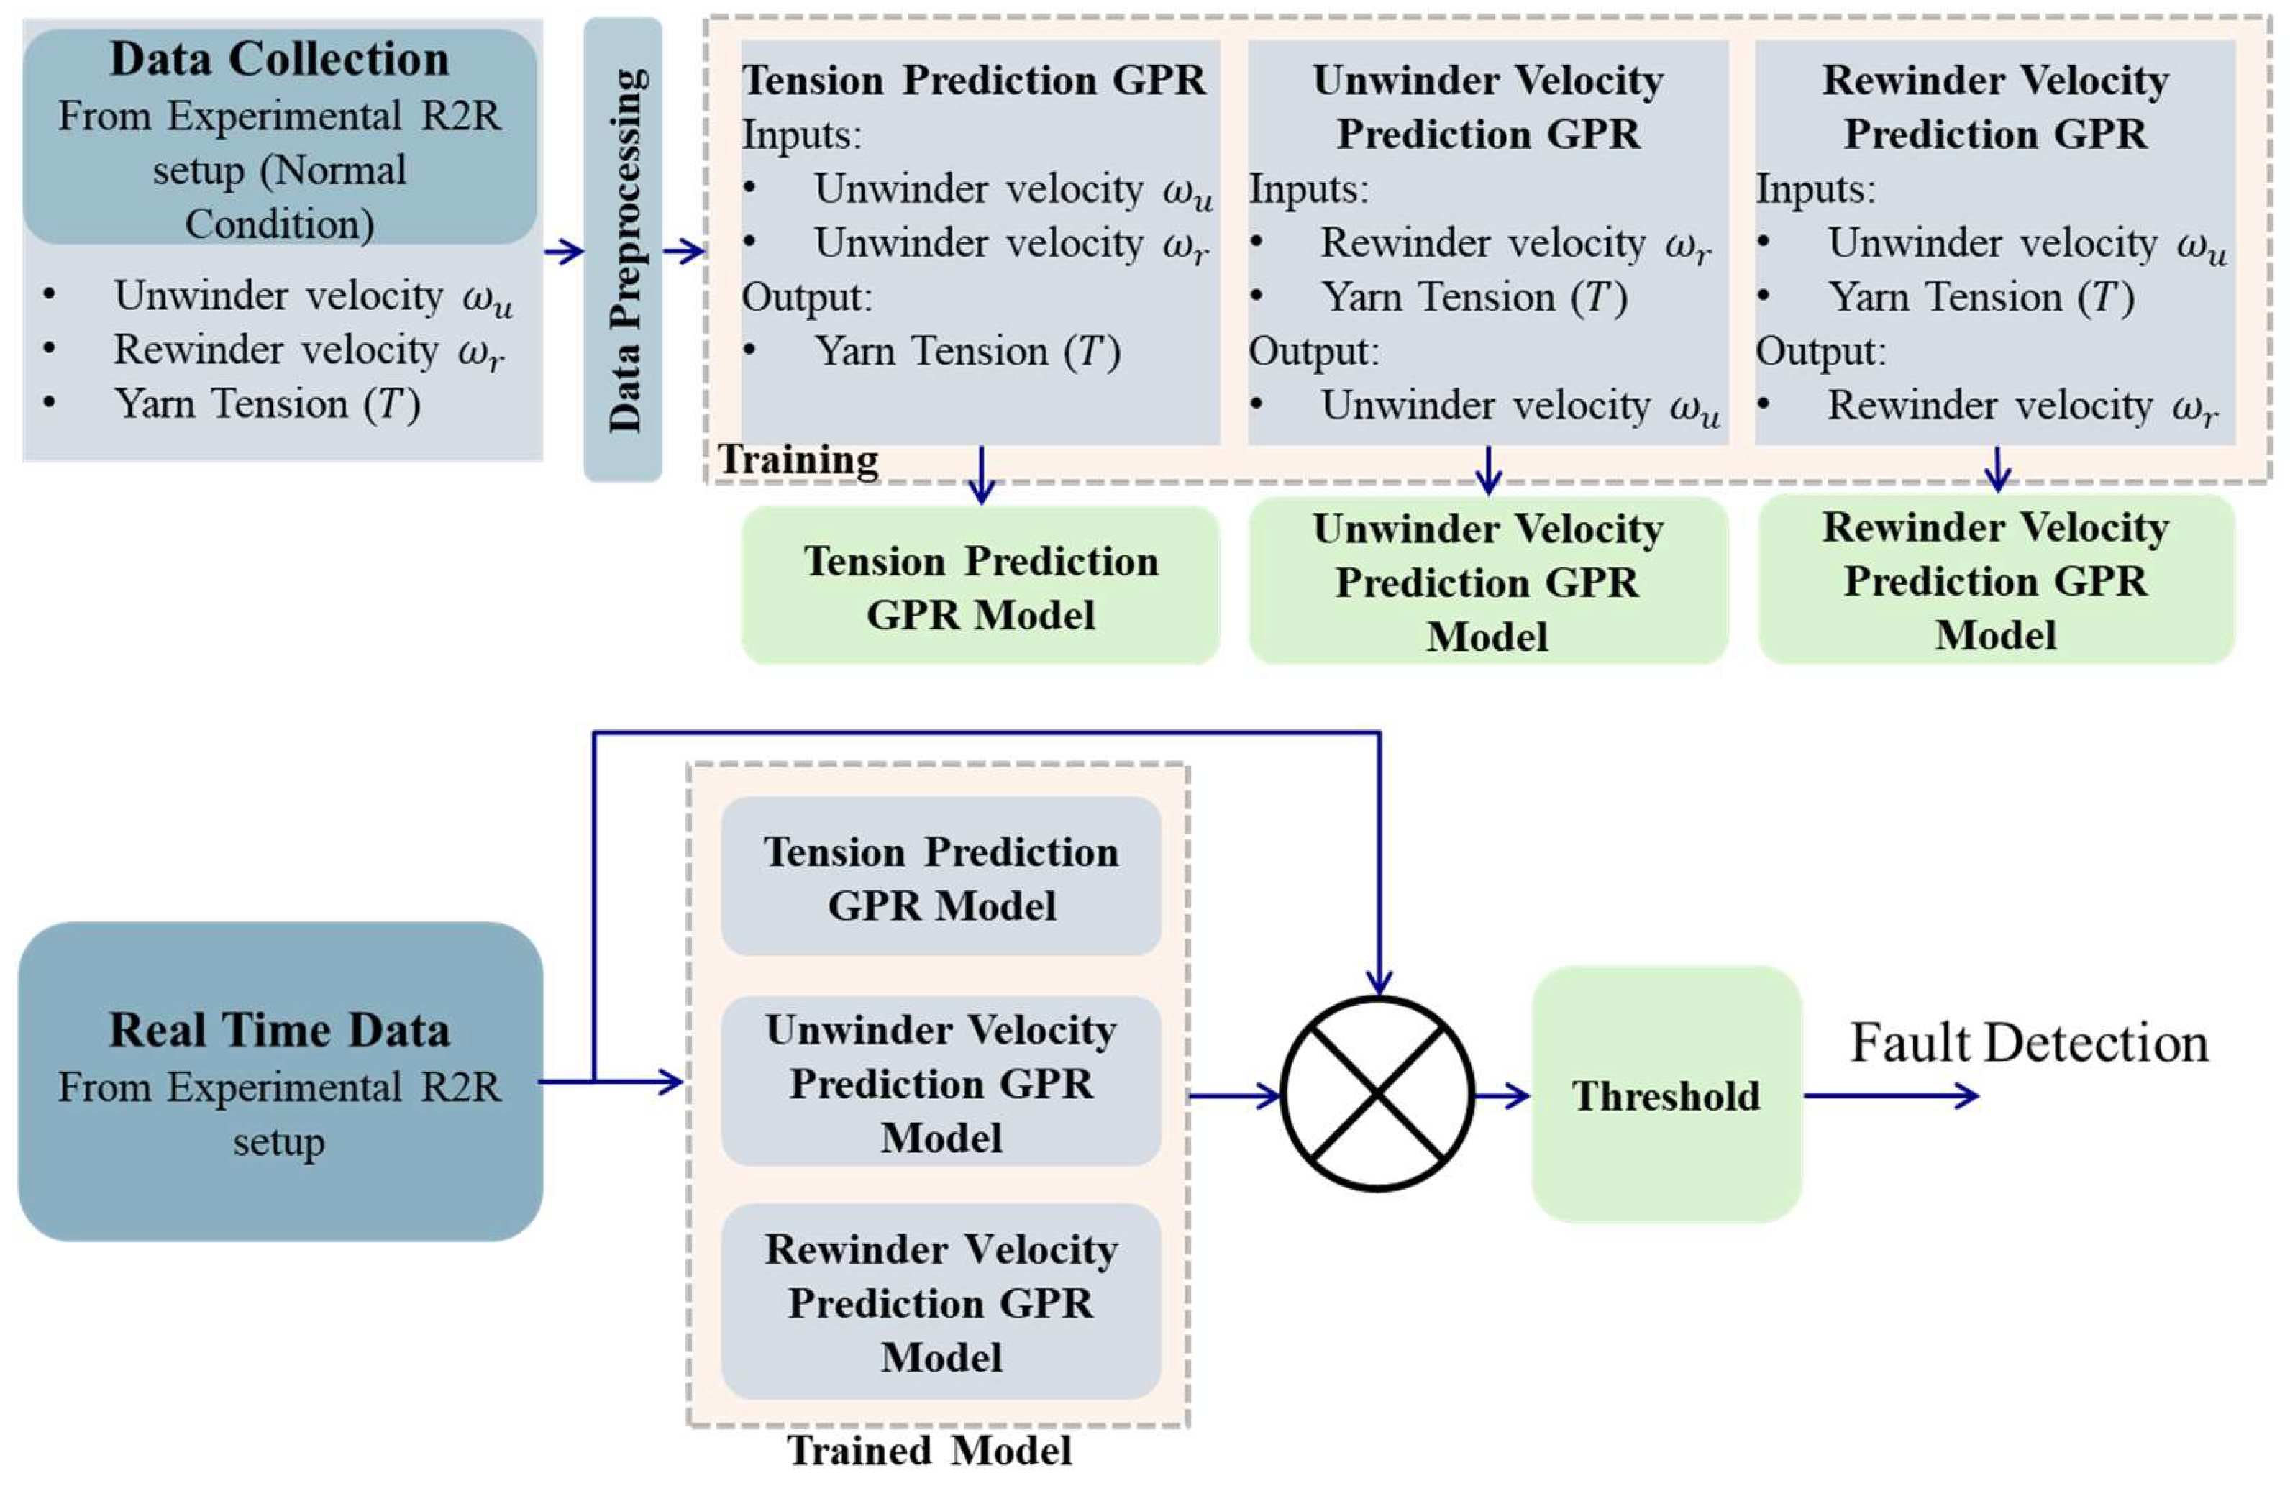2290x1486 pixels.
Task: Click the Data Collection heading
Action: (x=279, y=60)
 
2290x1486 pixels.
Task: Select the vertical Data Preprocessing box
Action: (x=623, y=250)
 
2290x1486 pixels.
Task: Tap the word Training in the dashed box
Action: (x=798, y=460)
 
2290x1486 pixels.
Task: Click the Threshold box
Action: (x=1666, y=1095)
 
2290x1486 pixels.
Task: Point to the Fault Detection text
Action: (x=2028, y=1043)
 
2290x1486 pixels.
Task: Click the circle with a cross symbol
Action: (x=1378, y=1093)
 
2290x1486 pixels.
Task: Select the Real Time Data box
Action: (x=279, y=1082)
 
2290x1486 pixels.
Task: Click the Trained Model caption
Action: (x=929, y=1450)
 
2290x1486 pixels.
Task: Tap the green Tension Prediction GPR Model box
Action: (x=980, y=586)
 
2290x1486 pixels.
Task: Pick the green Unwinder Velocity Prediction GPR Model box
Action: (x=1487, y=581)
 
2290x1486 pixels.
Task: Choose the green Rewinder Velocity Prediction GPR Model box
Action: (x=1996, y=580)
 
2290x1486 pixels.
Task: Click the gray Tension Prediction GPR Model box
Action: (x=941, y=877)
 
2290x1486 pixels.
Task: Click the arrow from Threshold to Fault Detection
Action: (x=1891, y=1095)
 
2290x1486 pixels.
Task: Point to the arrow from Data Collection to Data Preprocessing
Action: (x=564, y=252)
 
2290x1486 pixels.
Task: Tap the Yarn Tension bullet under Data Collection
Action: (x=268, y=404)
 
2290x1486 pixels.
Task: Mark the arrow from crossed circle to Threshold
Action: (x=1501, y=1095)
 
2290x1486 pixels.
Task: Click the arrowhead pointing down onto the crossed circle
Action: (x=1379, y=982)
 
